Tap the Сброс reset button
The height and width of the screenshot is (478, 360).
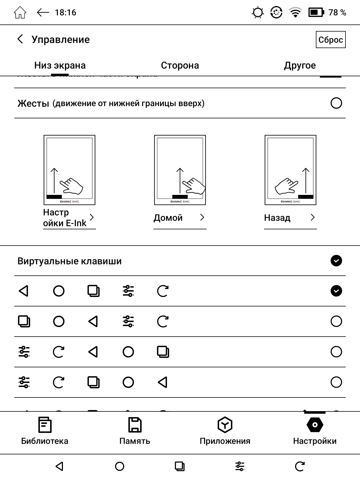point(330,40)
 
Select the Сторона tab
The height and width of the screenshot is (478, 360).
point(180,65)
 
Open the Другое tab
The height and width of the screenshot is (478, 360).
point(300,65)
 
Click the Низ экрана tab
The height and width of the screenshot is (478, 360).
point(60,65)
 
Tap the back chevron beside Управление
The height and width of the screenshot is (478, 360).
point(20,39)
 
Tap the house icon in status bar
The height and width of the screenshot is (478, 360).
point(20,13)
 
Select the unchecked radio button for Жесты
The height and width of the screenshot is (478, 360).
point(336,103)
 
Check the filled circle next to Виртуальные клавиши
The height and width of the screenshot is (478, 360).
point(336,261)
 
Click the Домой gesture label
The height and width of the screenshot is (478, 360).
point(168,218)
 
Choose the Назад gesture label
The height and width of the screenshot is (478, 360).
point(277,218)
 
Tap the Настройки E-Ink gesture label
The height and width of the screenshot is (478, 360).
point(65,218)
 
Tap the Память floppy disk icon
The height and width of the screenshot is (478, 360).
point(135,425)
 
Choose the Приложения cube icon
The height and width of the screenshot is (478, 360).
point(225,425)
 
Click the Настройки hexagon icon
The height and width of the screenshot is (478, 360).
point(315,425)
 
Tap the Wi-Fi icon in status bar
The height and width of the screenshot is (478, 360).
point(295,13)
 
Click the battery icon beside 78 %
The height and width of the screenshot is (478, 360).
point(316,13)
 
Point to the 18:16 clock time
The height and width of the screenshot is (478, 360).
point(66,13)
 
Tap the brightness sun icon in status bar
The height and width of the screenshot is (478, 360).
point(258,13)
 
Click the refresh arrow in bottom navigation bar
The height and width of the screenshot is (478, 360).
point(300,466)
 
